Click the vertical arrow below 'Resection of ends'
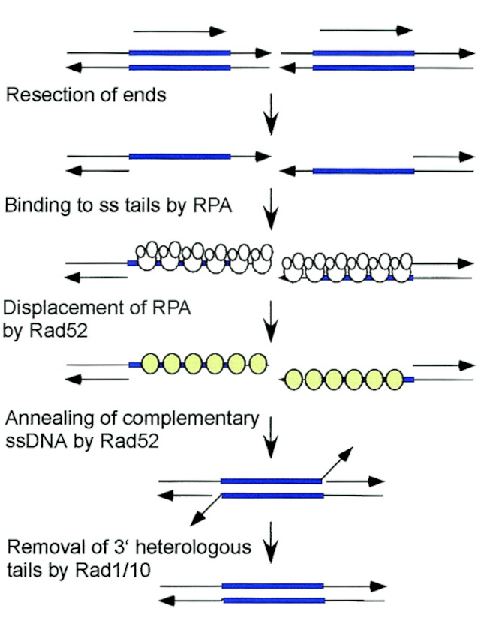(271, 116)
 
